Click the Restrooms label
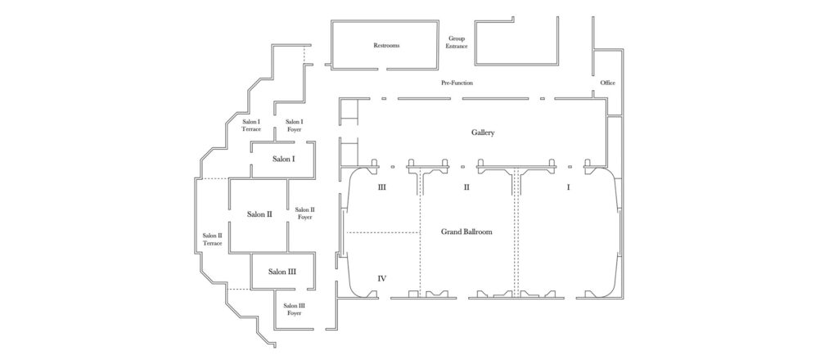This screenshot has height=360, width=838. click(386, 46)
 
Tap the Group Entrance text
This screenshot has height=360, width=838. click(457, 43)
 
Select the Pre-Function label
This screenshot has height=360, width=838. click(457, 83)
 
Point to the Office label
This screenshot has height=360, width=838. click(607, 83)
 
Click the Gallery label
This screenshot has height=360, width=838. click(483, 133)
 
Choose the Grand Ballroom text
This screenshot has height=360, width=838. click(466, 232)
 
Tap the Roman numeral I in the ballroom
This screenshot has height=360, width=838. click(568, 187)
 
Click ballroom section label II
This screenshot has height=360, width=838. click(466, 187)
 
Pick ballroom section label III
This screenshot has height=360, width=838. click(381, 187)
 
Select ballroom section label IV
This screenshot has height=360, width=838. click(381, 279)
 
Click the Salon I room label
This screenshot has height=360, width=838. click(283, 159)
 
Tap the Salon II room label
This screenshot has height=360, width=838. click(259, 214)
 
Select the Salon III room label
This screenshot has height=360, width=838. click(281, 272)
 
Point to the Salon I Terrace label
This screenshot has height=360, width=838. click(251, 125)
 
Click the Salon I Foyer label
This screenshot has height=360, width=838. click(294, 125)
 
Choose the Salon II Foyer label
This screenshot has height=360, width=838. click(304, 214)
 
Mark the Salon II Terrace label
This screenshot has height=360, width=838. click(213, 239)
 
